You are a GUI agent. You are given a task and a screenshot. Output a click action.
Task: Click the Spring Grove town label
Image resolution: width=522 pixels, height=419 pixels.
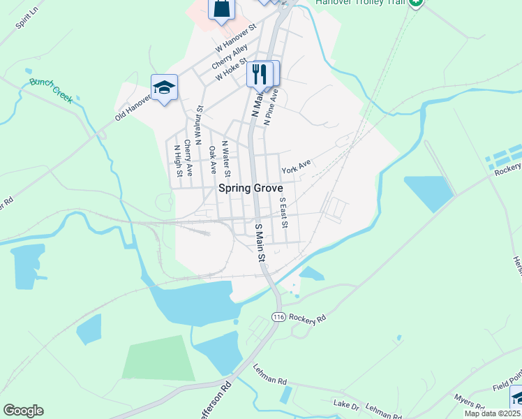coord(251,188)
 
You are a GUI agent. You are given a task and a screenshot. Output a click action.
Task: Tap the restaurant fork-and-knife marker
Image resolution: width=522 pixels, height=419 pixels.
coord(261,73)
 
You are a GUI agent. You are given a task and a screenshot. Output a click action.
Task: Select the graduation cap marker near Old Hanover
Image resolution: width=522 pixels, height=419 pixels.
coord(164,87)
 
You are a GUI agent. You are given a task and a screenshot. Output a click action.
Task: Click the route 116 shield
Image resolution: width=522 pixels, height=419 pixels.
coord(279,317)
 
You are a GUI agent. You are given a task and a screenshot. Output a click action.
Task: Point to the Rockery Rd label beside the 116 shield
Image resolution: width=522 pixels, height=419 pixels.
coord(307,318)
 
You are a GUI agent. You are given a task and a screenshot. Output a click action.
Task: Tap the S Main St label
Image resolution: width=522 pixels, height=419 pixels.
coord(260,244)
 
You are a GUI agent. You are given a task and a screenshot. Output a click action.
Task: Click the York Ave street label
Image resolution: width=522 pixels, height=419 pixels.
coord(296,166)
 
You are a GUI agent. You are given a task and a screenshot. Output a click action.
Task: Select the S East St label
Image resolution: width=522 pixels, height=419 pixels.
coord(283,212)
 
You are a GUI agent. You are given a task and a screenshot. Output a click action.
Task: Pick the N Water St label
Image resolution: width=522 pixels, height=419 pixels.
coord(225,159)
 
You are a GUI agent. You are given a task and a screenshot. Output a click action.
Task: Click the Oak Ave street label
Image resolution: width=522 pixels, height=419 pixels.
coord(212,160)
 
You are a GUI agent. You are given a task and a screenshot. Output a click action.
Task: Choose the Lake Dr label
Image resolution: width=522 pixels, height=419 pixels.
coord(345,404)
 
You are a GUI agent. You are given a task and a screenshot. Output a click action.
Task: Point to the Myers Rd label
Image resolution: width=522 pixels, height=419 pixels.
coord(468,401)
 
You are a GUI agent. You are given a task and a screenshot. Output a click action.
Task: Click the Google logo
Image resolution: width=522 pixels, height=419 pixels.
coord(23,411)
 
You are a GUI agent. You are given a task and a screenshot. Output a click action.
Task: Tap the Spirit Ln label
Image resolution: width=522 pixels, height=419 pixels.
coord(26,20)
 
